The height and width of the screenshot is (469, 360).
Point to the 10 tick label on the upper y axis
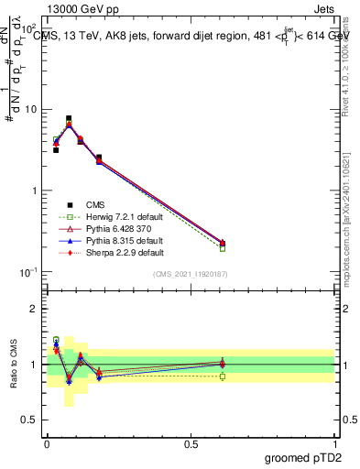(31, 110)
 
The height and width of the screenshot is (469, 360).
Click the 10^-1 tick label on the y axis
(28, 272)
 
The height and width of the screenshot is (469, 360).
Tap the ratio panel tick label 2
(35, 309)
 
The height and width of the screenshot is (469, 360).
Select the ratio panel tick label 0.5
(30, 420)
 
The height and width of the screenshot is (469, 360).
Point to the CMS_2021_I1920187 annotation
(190, 274)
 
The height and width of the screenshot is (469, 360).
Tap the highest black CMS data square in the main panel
(69, 118)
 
